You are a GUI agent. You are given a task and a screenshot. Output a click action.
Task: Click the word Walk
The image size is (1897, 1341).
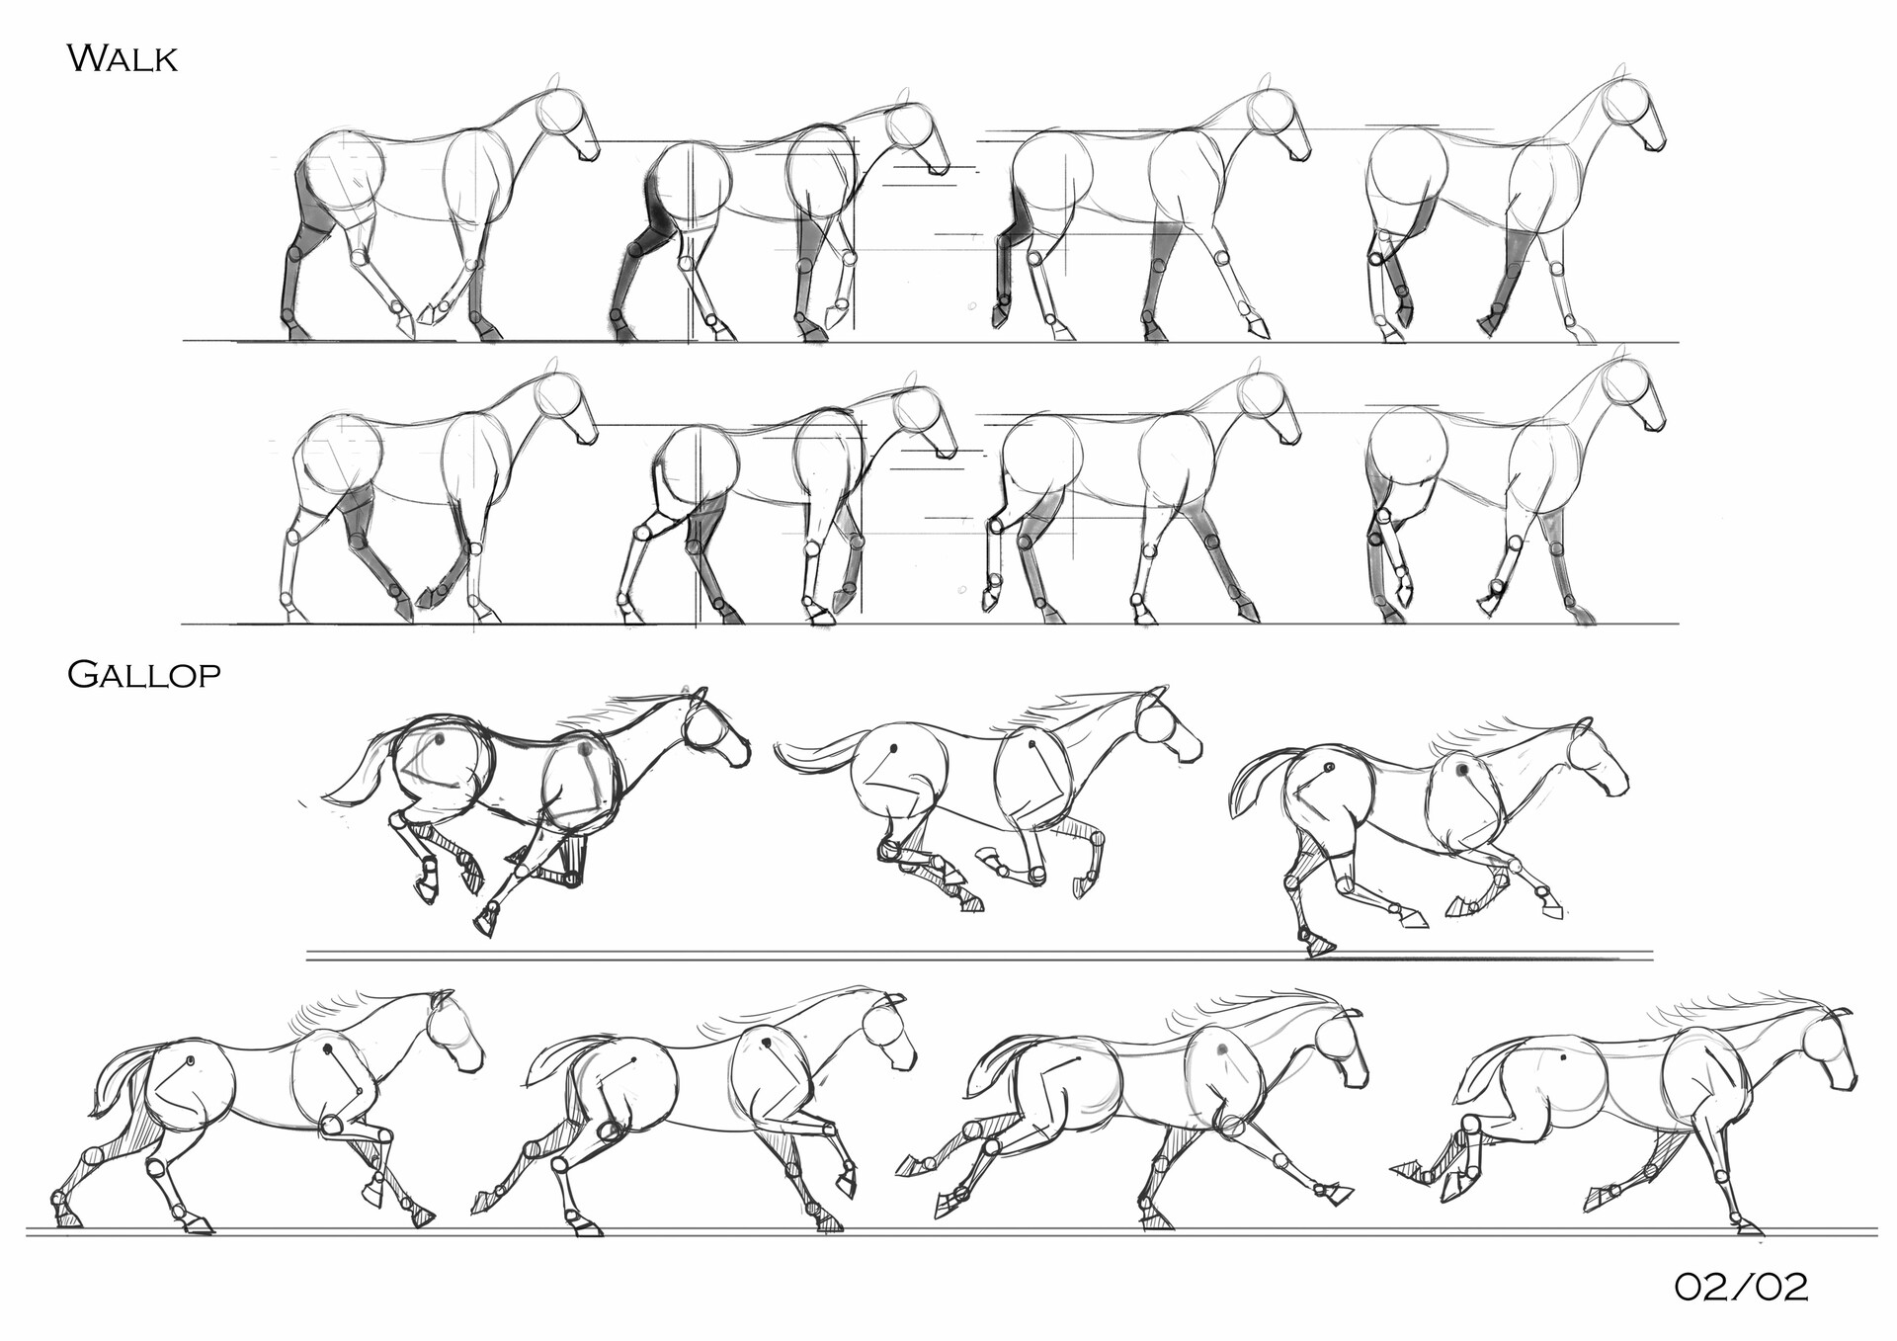(122, 58)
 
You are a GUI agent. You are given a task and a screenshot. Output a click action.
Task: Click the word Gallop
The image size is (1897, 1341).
(143, 674)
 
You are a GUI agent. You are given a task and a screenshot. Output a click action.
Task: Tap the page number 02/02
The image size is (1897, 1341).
(1741, 1287)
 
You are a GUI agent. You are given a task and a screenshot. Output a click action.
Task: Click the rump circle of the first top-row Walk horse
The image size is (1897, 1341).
(341, 173)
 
